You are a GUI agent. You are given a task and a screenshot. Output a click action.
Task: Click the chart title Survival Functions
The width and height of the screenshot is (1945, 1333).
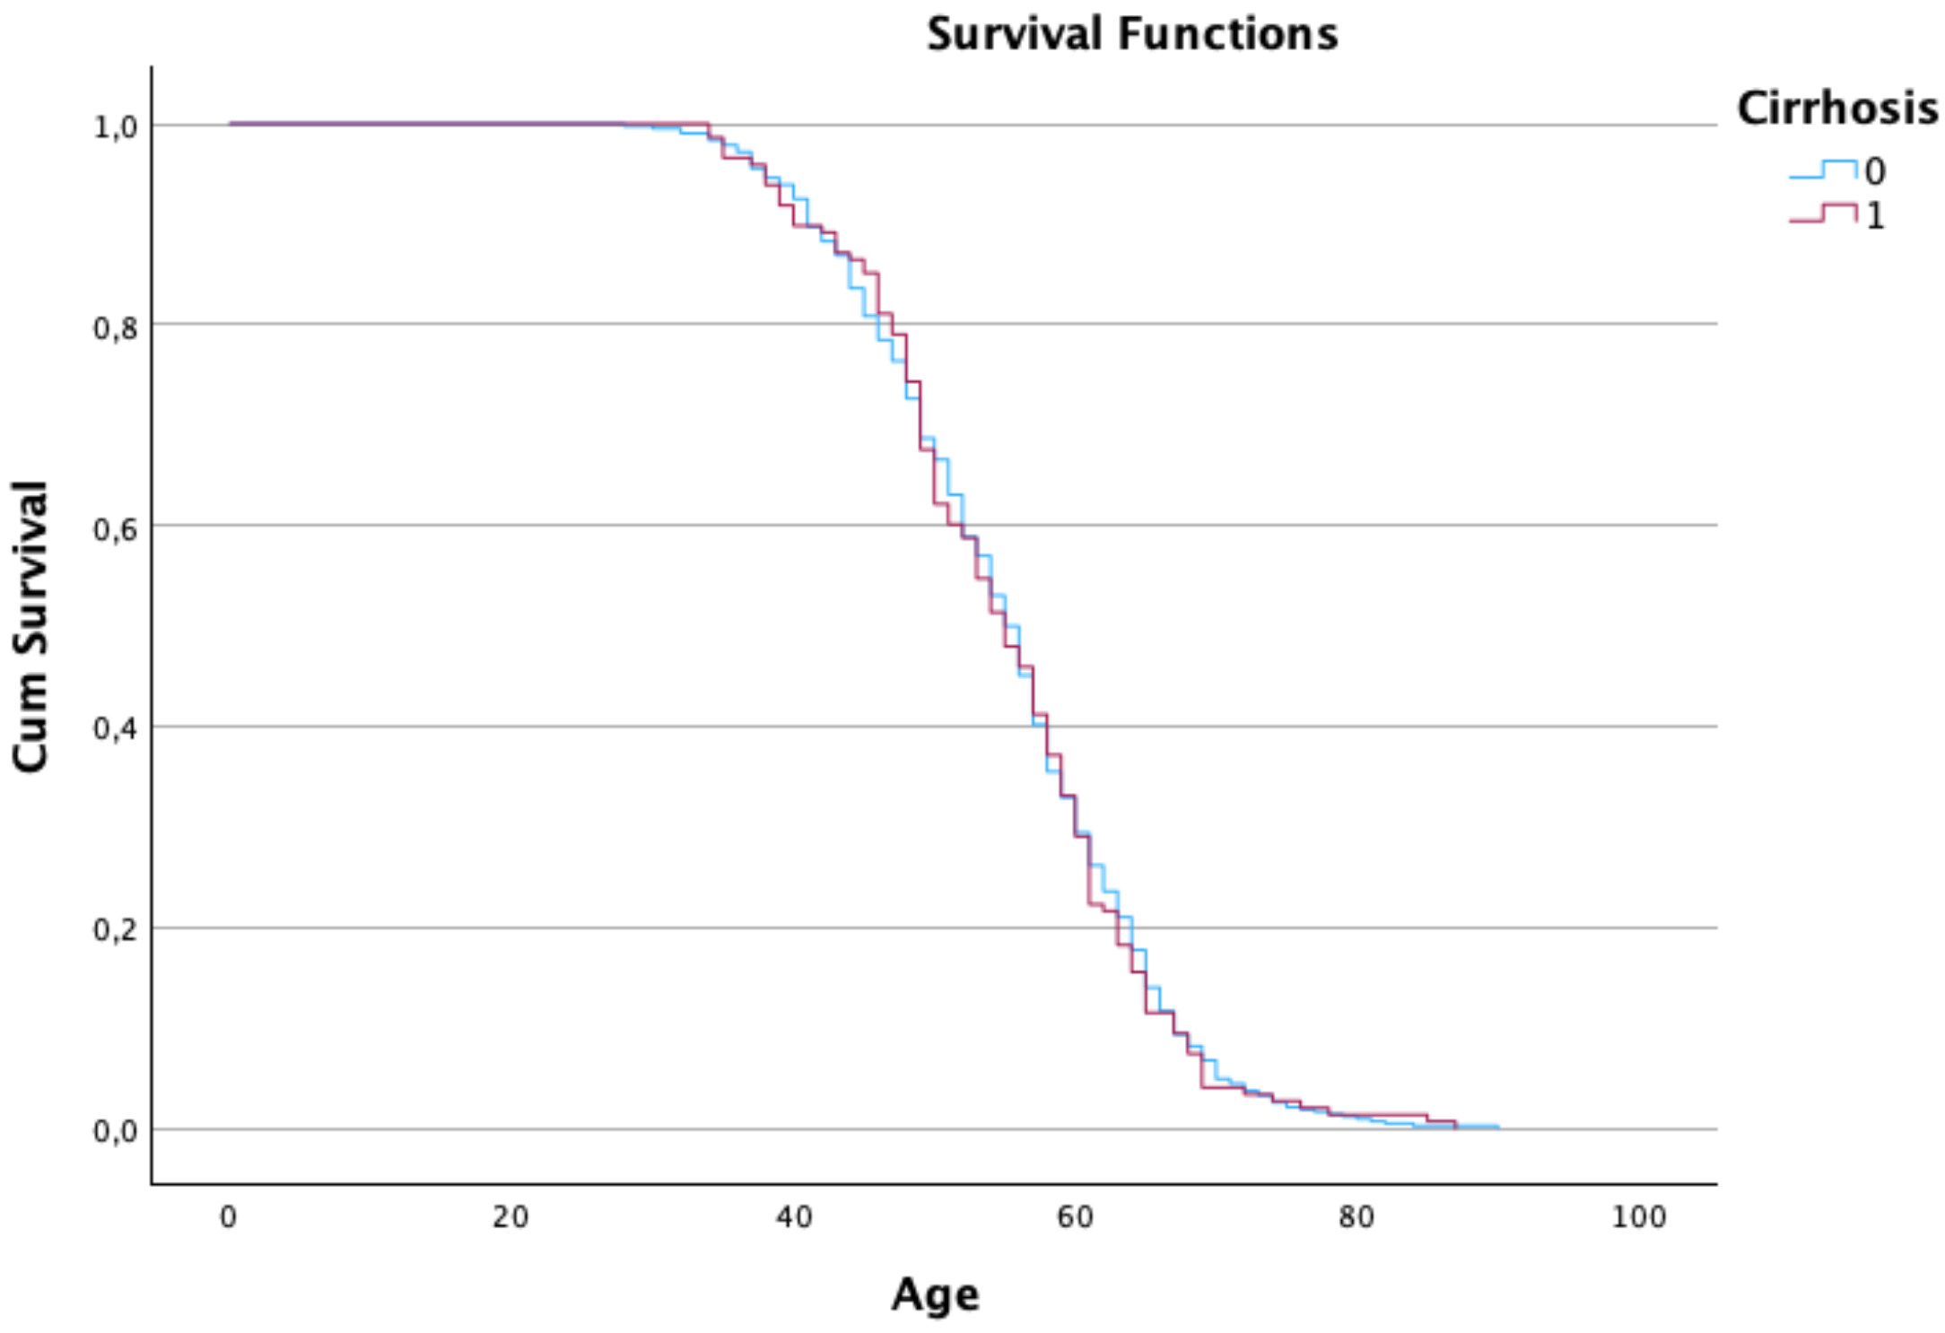pyautogui.click(x=1131, y=34)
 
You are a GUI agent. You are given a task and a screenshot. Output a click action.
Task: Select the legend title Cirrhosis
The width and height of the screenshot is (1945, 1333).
pyautogui.click(x=1836, y=109)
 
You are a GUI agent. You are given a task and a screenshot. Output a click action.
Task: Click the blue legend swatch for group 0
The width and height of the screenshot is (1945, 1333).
pyautogui.click(x=1822, y=170)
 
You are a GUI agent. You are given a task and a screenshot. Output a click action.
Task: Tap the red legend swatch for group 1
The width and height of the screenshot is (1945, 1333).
pyautogui.click(x=1822, y=213)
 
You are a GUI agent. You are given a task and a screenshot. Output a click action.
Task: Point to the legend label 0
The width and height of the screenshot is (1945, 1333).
pyautogui.click(x=1875, y=171)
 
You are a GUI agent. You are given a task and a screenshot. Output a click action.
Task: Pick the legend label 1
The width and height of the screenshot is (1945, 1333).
pyautogui.click(x=1875, y=216)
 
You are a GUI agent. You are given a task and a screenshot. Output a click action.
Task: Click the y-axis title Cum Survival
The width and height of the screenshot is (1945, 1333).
pyautogui.click(x=31, y=625)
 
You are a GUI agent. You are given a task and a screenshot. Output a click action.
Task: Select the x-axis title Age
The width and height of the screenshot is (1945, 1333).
pyautogui.click(x=935, y=1294)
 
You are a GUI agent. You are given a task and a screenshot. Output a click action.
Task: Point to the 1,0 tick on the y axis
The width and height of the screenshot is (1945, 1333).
pyautogui.click(x=116, y=126)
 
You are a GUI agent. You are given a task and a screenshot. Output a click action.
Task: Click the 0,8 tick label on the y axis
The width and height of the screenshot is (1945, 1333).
pyautogui.click(x=116, y=328)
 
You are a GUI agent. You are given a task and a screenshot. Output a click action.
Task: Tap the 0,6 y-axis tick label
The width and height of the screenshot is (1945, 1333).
pyautogui.click(x=116, y=529)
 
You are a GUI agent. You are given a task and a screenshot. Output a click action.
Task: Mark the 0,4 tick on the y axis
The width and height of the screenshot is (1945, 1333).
pyautogui.click(x=116, y=728)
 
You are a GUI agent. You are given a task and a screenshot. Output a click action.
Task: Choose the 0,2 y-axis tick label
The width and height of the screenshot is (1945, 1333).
pyautogui.click(x=116, y=930)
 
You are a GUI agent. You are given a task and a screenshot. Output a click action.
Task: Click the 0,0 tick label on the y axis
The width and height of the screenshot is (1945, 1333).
pyautogui.click(x=116, y=1131)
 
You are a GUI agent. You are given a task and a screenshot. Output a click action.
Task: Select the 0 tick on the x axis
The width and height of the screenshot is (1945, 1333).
pyautogui.click(x=229, y=1217)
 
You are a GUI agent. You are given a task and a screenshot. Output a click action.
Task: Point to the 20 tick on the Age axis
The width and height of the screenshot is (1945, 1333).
pyautogui.click(x=510, y=1217)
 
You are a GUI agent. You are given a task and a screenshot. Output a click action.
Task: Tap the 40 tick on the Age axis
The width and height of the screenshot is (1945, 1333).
pyautogui.click(x=793, y=1217)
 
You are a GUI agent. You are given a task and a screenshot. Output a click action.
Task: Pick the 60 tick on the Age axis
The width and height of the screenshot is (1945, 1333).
pyautogui.click(x=1075, y=1217)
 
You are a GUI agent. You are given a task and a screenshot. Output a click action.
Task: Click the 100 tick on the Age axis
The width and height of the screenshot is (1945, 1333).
pyautogui.click(x=1638, y=1217)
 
